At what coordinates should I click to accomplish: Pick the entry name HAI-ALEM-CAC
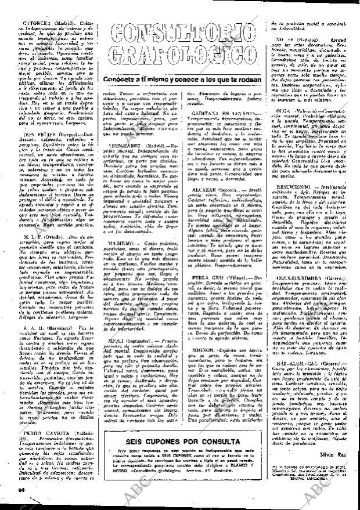coord(296,384)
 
